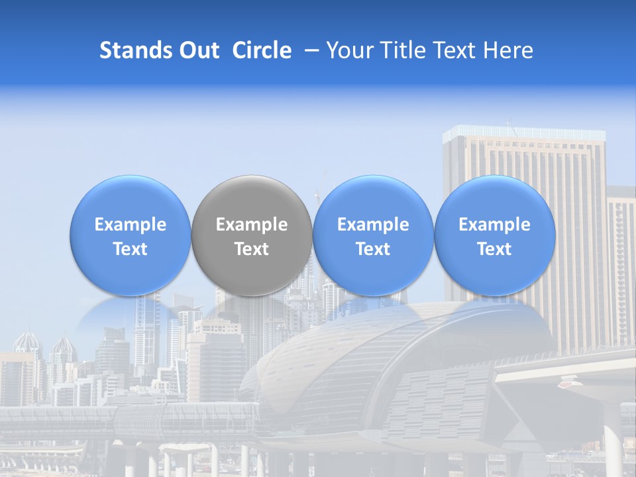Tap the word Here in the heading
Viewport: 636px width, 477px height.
(508, 50)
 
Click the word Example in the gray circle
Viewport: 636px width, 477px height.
(252, 225)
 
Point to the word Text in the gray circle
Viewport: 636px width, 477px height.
(252, 249)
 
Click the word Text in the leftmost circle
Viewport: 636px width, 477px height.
(131, 249)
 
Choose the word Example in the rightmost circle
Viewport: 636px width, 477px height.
(495, 225)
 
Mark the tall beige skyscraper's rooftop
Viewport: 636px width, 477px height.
(523, 133)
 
